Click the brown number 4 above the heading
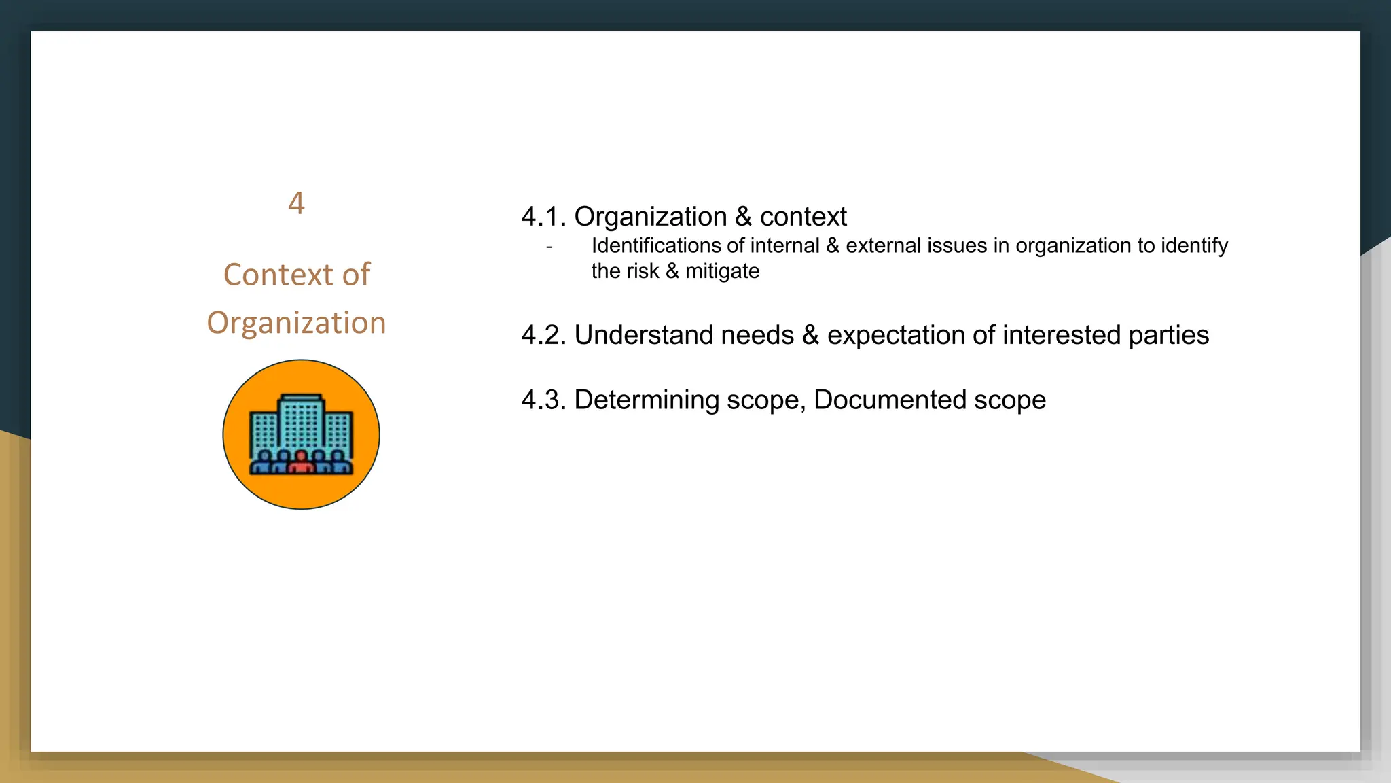[x=296, y=203]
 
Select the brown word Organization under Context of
[x=296, y=323]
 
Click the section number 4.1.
[x=543, y=217]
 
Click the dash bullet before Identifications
[x=549, y=247]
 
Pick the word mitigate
[x=722, y=271]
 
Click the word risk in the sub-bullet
[x=646, y=271]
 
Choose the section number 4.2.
[x=543, y=335]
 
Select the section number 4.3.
[x=543, y=400]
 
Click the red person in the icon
[x=301, y=462]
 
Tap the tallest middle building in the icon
[x=301, y=421]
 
